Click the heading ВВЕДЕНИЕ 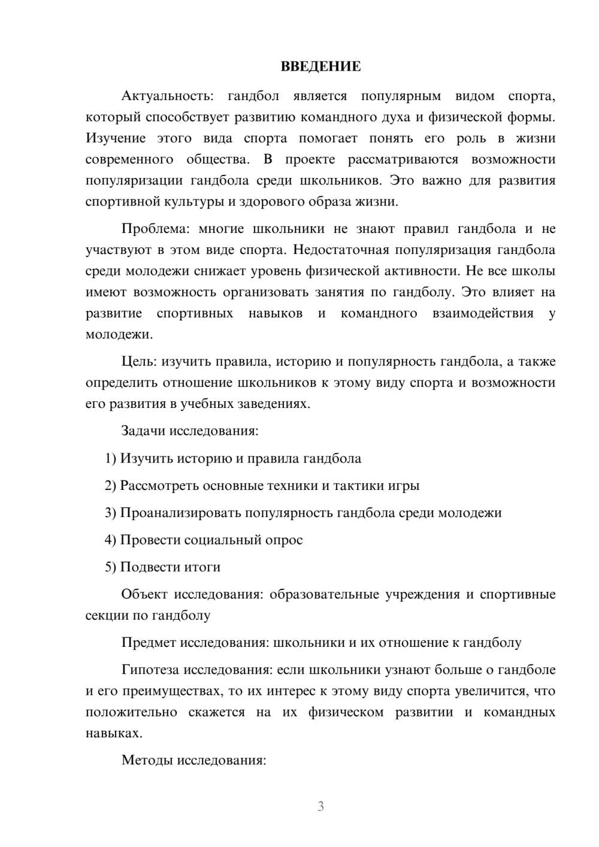tap(320, 66)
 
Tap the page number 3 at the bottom tap(320, 806)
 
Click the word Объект tap(144, 594)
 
